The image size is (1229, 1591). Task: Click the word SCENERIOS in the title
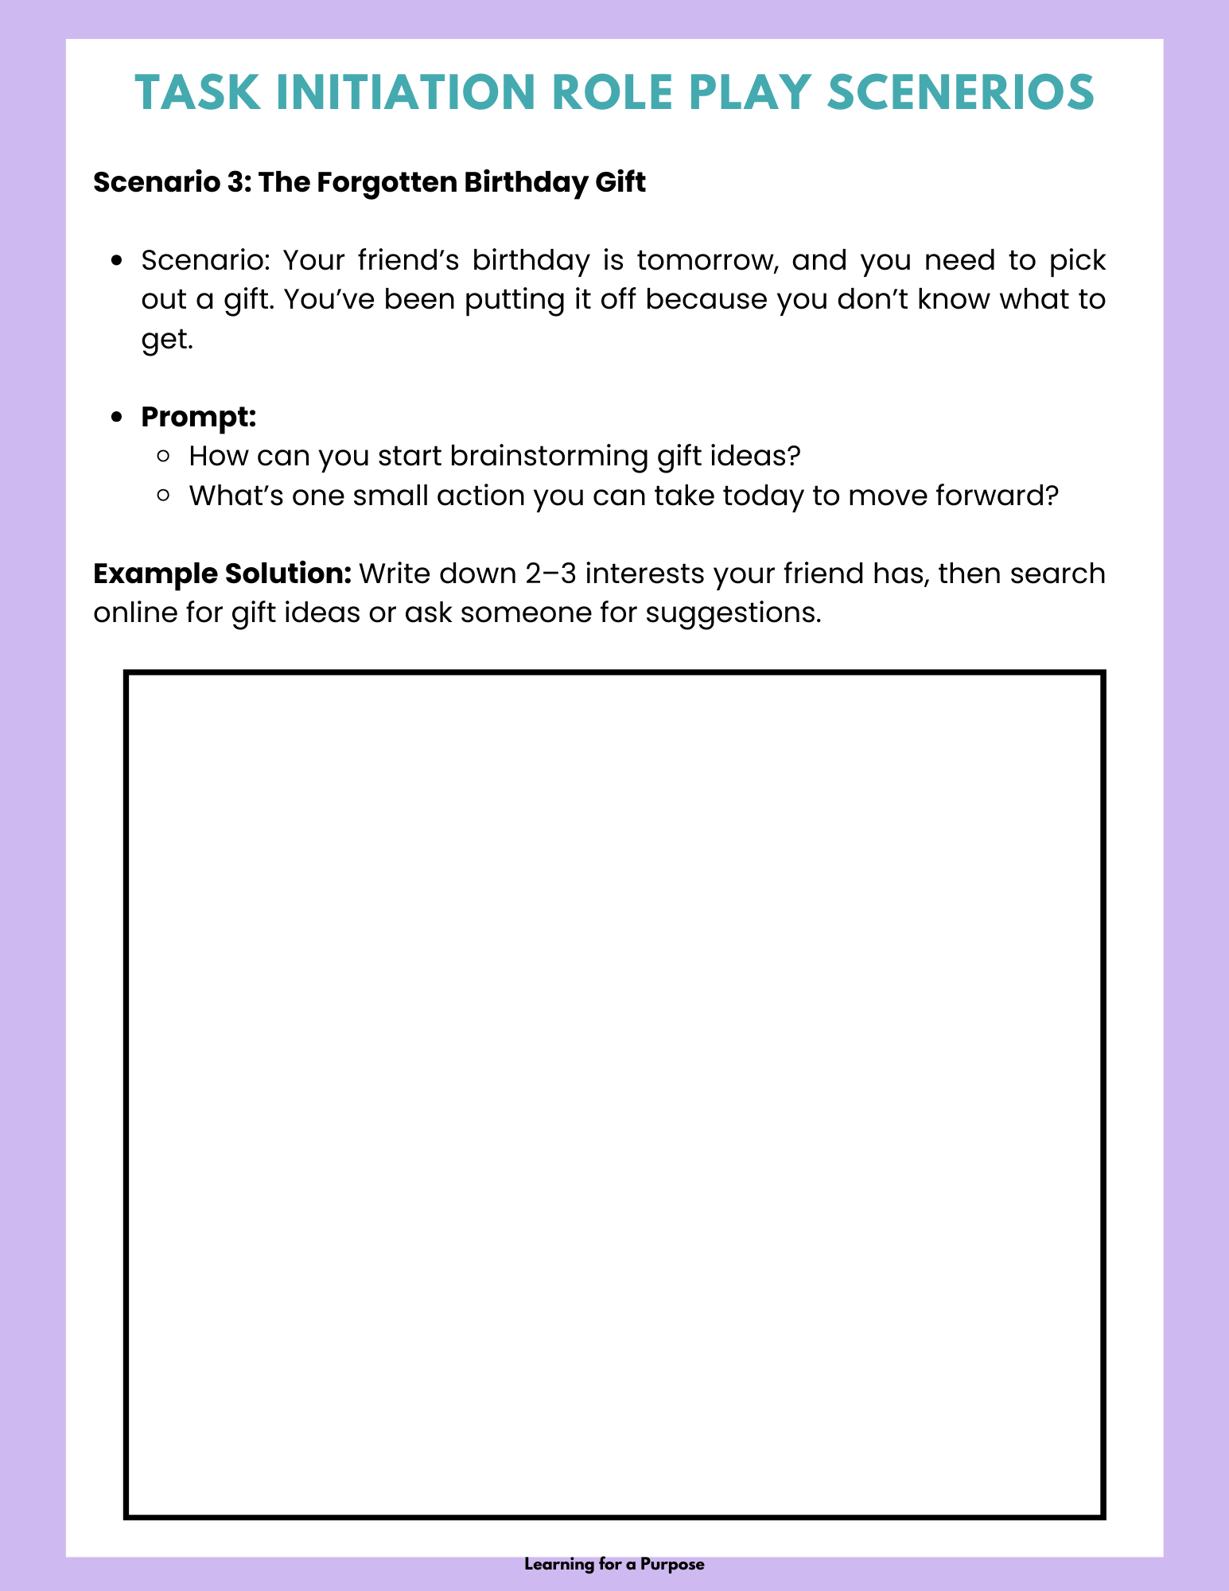[960, 92]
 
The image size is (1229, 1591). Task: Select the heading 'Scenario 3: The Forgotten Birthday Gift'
[369, 182]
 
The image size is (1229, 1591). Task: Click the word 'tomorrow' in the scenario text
[706, 260]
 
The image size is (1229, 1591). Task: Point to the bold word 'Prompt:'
[198, 416]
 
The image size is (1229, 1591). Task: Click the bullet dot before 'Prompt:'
[117, 417]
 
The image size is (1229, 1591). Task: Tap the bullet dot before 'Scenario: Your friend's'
[117, 261]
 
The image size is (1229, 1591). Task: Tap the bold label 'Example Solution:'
[222, 574]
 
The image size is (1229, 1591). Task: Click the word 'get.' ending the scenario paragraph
[167, 340]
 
